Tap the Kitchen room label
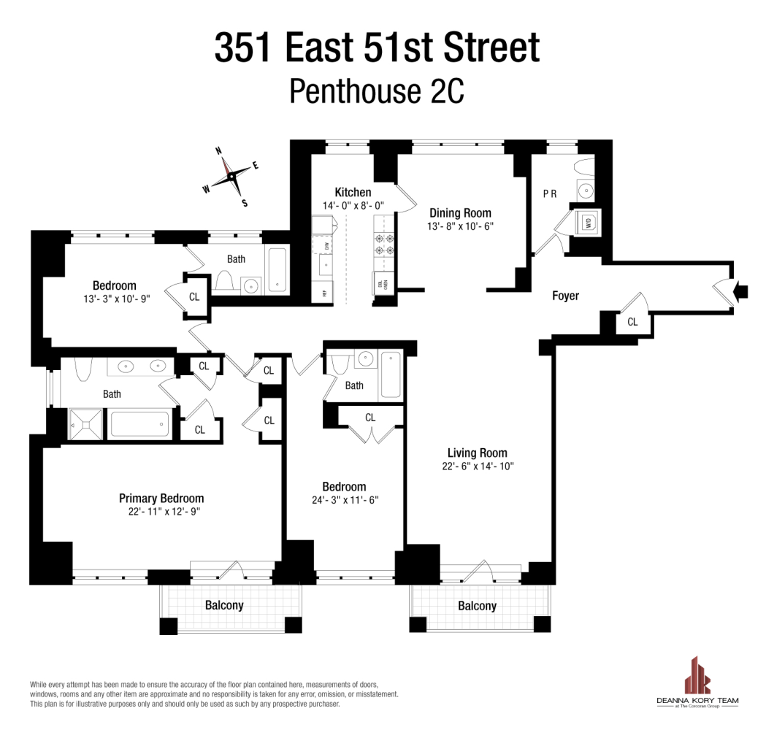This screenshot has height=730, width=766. [x=353, y=193]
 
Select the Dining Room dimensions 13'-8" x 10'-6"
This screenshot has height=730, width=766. [x=460, y=226]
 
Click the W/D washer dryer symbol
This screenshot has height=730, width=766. [x=588, y=223]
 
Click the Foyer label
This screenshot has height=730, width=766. [x=565, y=296]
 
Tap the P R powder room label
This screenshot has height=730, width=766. [x=550, y=194]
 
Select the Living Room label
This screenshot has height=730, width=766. [x=477, y=453]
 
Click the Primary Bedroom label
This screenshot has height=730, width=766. [x=161, y=498]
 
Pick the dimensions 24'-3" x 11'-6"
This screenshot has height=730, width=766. [x=344, y=501]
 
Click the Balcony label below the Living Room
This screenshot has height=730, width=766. [x=477, y=606]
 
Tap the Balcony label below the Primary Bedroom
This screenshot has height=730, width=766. [x=224, y=605]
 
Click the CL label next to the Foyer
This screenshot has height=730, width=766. [x=632, y=321]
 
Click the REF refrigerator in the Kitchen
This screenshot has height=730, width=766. [x=322, y=292]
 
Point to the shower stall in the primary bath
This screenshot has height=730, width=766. [x=87, y=424]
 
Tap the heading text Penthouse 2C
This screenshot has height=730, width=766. [x=377, y=92]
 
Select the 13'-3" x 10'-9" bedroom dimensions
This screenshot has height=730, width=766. [x=115, y=299]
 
